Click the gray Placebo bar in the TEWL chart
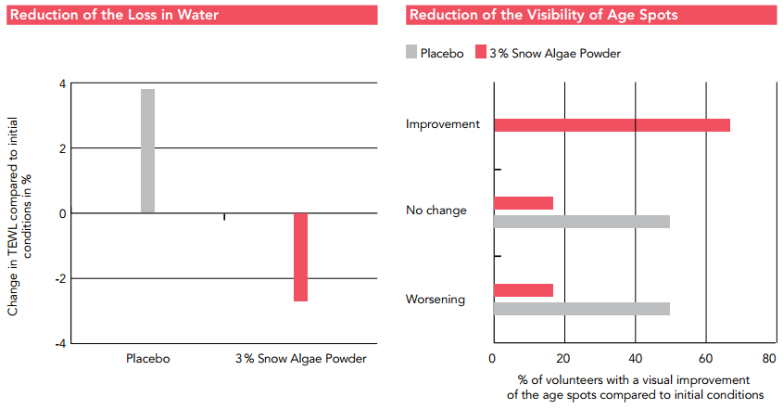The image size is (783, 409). tap(148, 150)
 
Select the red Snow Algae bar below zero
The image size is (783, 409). tap(300, 258)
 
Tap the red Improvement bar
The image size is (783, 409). tap(613, 125)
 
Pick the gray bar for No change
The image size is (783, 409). tap(582, 222)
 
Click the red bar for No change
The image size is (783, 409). tap(524, 203)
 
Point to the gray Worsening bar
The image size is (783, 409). tap(582, 309)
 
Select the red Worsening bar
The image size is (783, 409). tap(524, 290)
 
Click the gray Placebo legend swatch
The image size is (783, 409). tap(411, 52)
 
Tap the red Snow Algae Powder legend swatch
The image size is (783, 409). tap(480, 52)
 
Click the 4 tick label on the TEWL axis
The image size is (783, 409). tap(62, 84)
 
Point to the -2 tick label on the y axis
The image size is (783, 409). tap(60, 279)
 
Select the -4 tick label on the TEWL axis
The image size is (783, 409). tap(60, 344)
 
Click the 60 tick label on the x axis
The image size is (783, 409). tap(705, 359)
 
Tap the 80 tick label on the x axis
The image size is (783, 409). tap(769, 359)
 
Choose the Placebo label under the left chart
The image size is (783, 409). tap(148, 359)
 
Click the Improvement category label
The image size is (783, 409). tap(442, 124)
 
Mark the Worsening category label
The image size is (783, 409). tap(436, 300)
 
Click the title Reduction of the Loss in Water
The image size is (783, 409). tap(114, 15)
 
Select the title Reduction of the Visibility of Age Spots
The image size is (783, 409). tap(543, 15)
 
